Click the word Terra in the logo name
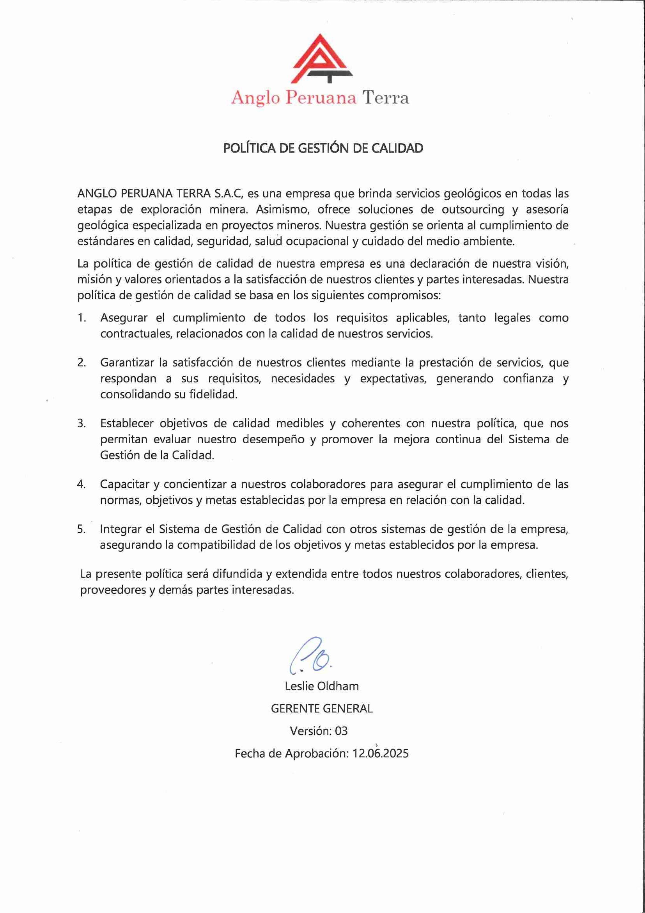pos(385,98)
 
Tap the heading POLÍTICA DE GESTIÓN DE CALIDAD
pos(323,148)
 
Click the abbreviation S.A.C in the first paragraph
pos(228,194)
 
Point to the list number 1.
pos(82,318)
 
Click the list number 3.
pos(82,423)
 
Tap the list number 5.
pos(82,529)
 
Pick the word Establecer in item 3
pos(126,423)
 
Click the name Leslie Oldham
pos(321,686)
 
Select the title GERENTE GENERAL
pos(321,709)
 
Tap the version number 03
pos(341,731)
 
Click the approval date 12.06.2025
pos(380,753)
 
